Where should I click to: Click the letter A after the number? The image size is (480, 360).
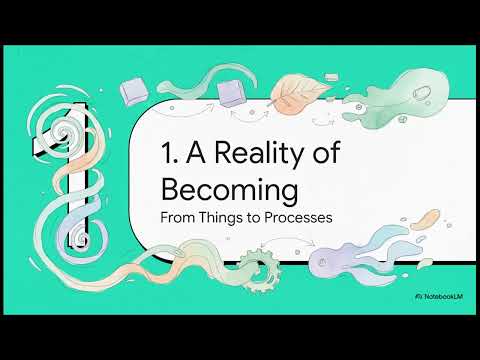[x=196, y=152]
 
